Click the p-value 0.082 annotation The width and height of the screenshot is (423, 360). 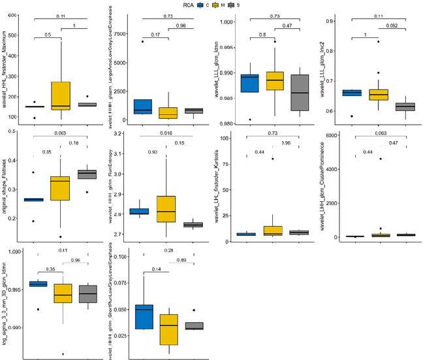click(x=392, y=25)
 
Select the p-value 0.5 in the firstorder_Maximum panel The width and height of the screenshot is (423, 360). click(x=48, y=35)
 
